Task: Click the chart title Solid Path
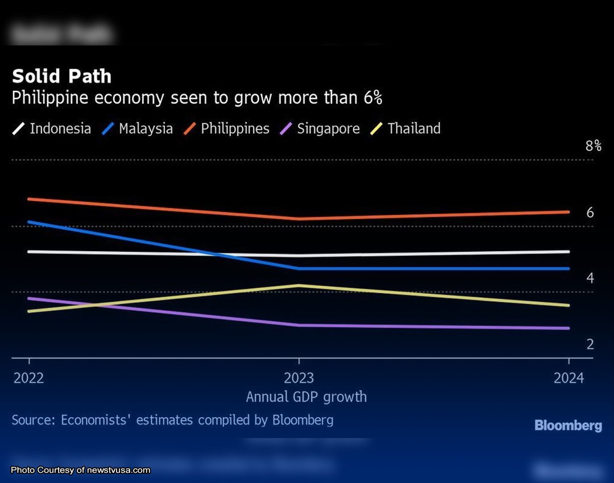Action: [x=61, y=77]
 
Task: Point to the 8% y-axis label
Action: [x=593, y=146]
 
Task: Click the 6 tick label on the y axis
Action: [x=590, y=213]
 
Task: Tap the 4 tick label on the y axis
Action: [x=590, y=278]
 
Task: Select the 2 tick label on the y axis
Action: [x=590, y=344]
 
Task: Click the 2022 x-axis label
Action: [x=29, y=378]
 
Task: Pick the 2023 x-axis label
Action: [x=299, y=378]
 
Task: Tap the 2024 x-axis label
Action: [x=569, y=378]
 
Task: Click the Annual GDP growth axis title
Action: [x=306, y=397]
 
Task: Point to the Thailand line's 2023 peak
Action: [x=299, y=285]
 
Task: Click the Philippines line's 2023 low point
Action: [x=299, y=219]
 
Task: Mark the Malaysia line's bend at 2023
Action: [x=299, y=268]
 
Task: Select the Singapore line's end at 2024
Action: [x=568, y=328]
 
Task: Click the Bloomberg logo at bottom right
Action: [x=568, y=425]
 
